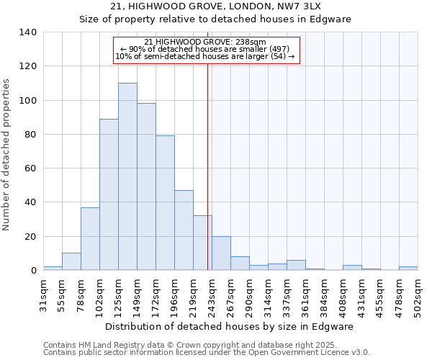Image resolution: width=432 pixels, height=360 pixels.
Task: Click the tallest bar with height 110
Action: (127, 176)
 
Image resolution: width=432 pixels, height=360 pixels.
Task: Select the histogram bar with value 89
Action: (109, 194)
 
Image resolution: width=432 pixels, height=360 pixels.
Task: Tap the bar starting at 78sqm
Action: (90, 238)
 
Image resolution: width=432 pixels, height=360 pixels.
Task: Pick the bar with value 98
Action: (146, 186)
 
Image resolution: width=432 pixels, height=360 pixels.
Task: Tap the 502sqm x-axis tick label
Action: (418, 296)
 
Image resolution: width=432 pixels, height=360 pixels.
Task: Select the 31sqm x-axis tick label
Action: (44, 294)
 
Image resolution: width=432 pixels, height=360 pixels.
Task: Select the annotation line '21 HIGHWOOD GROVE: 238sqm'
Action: (205, 42)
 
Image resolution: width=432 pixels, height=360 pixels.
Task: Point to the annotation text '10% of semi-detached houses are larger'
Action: (205, 56)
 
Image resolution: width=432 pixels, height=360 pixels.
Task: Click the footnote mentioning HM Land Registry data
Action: (206, 345)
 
